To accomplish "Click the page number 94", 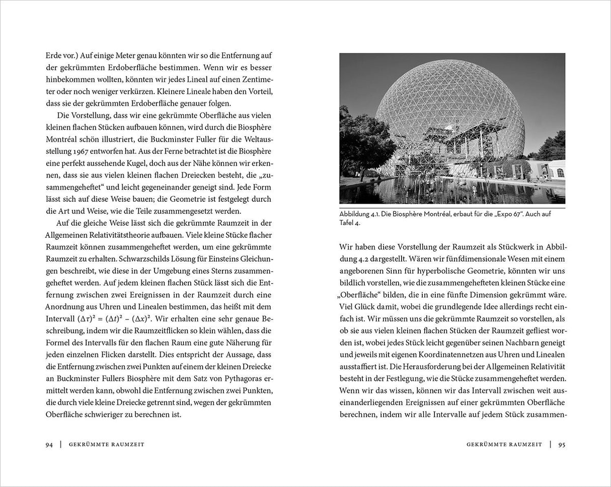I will coord(49,444).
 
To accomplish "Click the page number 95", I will coord(562,444).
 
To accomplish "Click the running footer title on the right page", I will coord(504,444).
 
